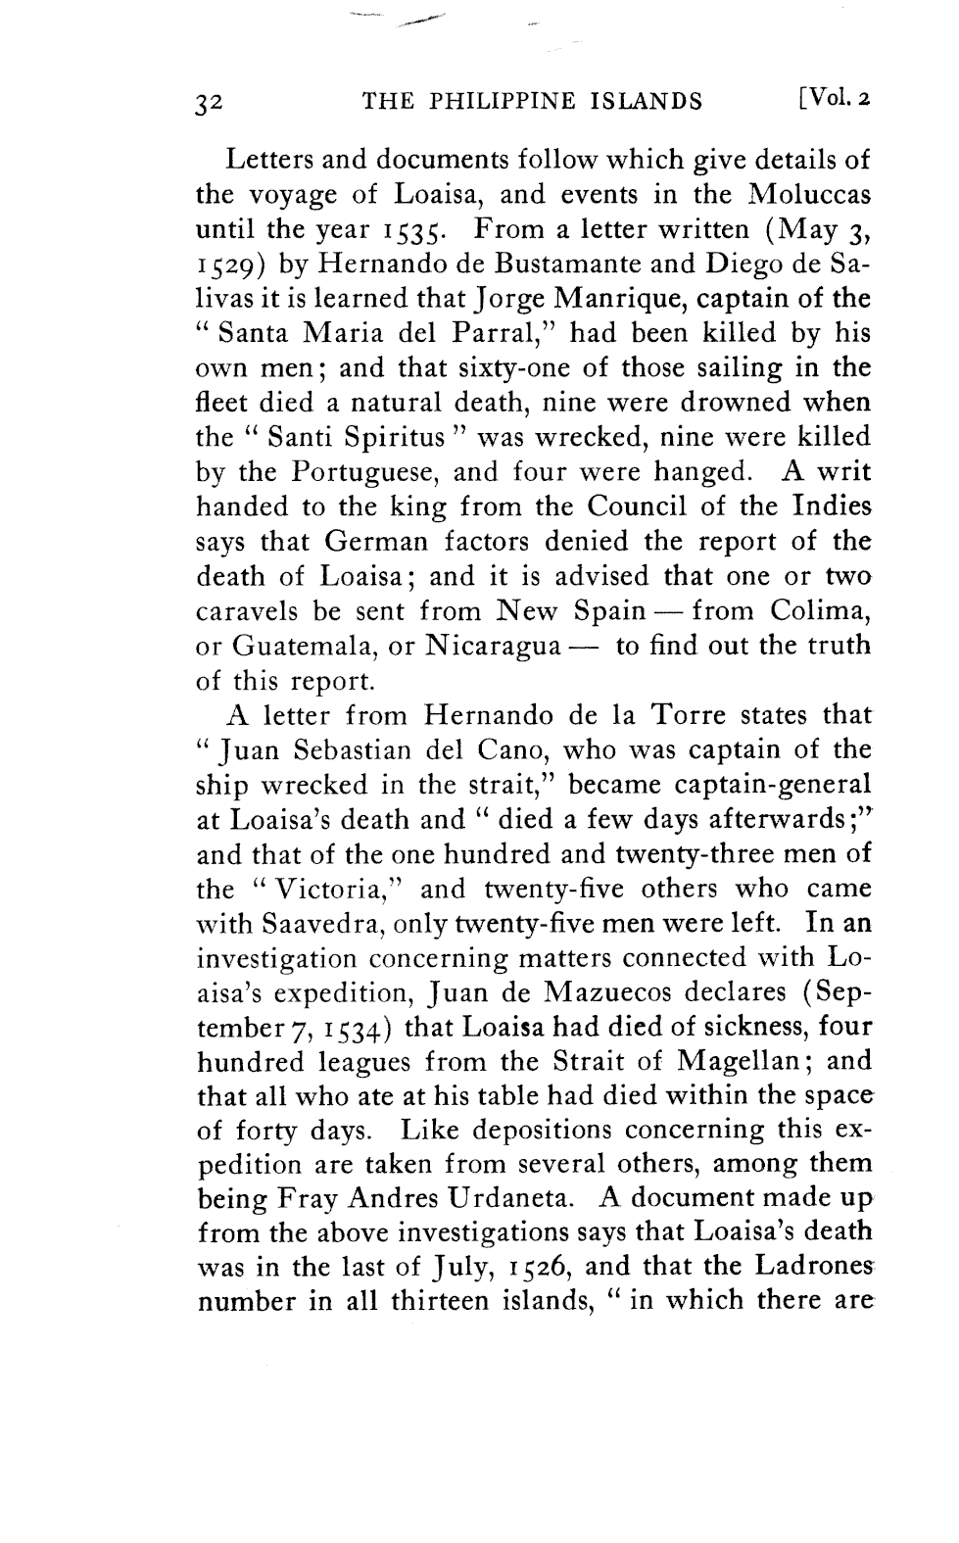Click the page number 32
[212, 102]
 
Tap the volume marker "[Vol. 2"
[835, 99]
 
